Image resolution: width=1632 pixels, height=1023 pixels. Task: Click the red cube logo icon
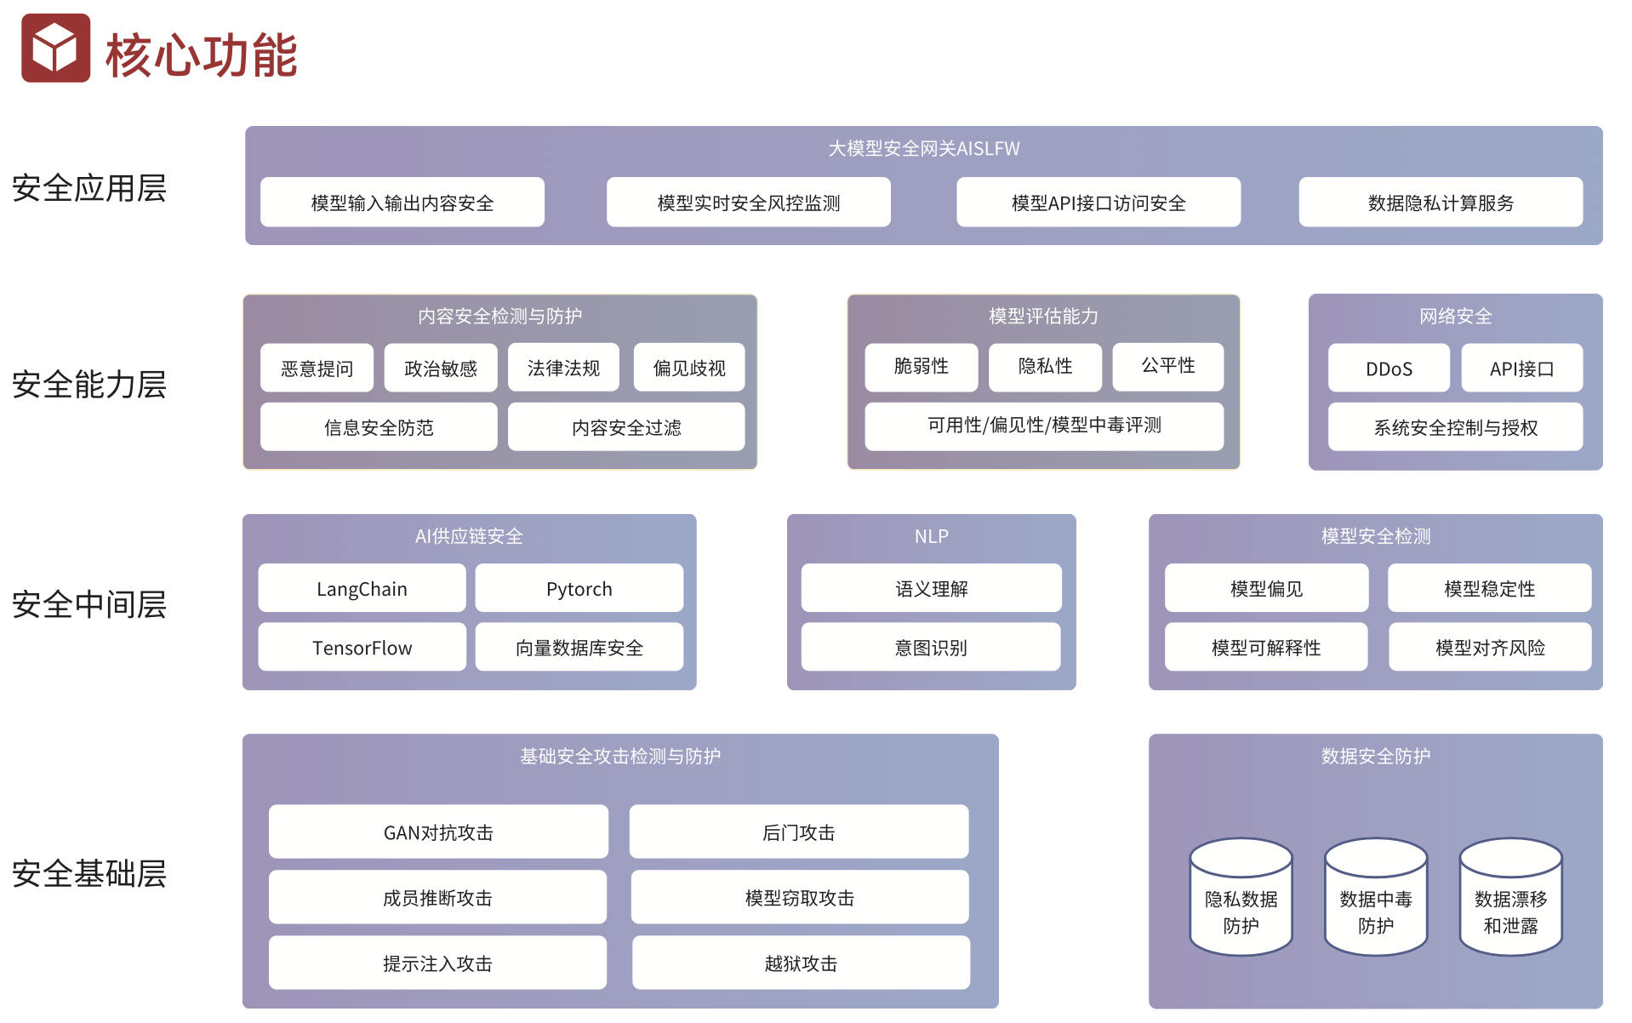click(x=55, y=49)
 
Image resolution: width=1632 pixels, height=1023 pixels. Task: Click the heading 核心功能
click(x=201, y=56)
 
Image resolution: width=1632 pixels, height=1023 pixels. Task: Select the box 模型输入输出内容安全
click(x=402, y=203)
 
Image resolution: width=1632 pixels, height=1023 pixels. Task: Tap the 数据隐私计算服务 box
click(x=1440, y=203)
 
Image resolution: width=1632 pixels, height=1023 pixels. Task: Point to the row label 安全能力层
click(x=89, y=385)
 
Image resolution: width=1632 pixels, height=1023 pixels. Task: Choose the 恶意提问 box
click(x=317, y=369)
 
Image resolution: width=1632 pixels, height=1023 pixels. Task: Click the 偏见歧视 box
click(x=688, y=369)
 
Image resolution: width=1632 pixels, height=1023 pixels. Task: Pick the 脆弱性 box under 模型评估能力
click(x=921, y=367)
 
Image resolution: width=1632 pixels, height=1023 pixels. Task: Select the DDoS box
click(x=1389, y=369)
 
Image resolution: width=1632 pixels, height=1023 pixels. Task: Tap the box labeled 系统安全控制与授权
click(x=1455, y=427)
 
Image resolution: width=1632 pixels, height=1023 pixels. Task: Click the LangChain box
click(x=362, y=589)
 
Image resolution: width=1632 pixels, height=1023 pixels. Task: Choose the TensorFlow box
click(x=362, y=648)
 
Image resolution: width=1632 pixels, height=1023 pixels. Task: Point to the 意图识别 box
click(x=931, y=648)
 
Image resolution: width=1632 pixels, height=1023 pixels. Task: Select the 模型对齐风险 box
click(x=1489, y=648)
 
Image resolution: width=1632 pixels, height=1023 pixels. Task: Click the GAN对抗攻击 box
click(x=438, y=832)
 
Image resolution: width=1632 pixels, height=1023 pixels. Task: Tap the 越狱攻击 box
click(x=801, y=963)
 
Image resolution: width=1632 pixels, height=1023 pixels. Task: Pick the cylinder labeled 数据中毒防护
click(x=1375, y=902)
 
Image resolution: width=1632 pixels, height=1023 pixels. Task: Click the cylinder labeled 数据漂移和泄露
click(x=1510, y=902)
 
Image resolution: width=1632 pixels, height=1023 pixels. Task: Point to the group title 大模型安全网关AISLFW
click(x=923, y=149)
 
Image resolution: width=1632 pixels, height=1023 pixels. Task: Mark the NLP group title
click(x=931, y=536)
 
